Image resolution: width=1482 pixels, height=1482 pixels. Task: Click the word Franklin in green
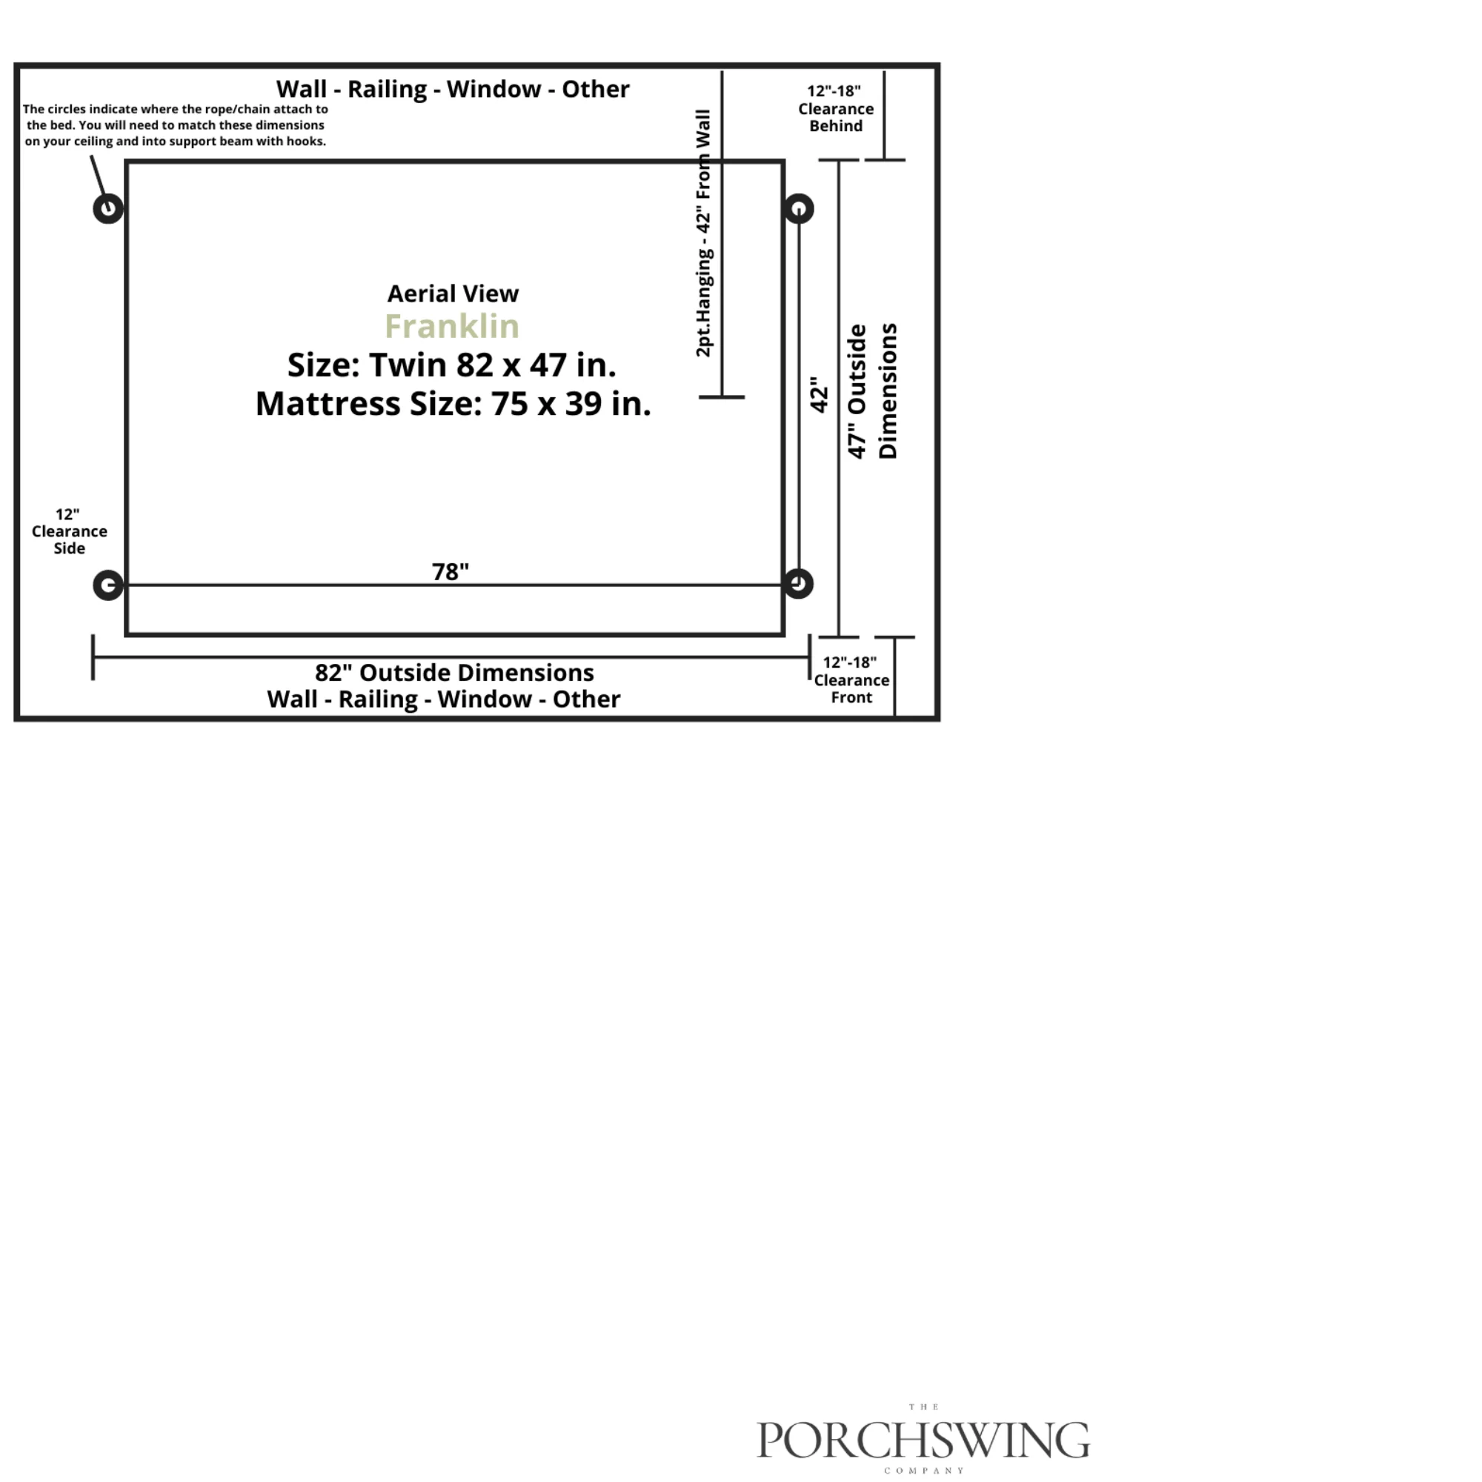452,326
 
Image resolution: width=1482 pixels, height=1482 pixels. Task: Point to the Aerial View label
453,293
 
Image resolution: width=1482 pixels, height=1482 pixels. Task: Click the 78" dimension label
451,571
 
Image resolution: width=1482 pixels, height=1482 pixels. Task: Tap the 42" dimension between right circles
820,394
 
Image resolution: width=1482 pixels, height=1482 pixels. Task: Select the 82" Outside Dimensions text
454,673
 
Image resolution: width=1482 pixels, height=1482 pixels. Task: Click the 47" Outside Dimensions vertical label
872,391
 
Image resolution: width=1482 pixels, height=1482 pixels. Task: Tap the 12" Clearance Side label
69,531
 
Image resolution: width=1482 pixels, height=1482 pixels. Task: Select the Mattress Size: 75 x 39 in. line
453,404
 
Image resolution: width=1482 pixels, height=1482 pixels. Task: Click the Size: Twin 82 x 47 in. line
452,365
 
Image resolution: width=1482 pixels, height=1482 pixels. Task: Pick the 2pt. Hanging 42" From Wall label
703,233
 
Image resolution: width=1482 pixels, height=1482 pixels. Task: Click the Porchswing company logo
923,1438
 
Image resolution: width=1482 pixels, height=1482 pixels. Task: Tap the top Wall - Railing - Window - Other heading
453,89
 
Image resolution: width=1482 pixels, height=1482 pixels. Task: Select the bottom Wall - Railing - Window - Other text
443,700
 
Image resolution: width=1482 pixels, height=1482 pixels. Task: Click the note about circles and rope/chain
175,125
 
